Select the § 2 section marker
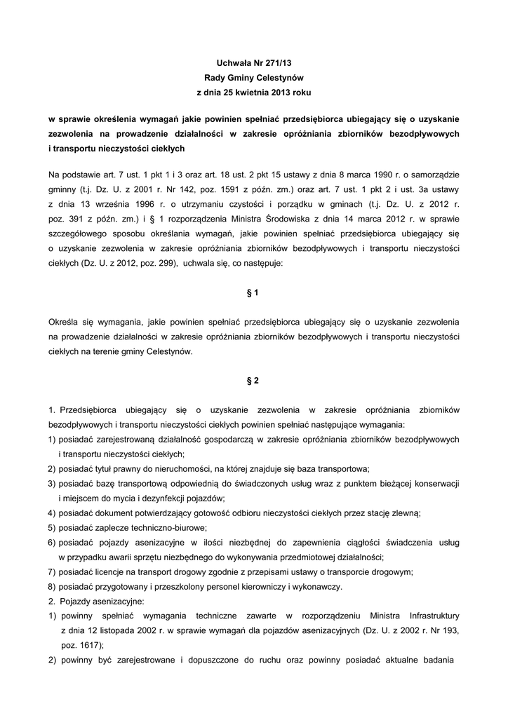(253, 381)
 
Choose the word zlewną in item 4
(404, 513)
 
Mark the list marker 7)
(53, 571)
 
